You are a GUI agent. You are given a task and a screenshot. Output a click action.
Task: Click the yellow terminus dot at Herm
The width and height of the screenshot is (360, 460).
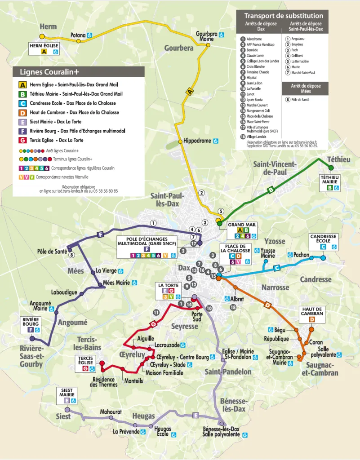click(42, 36)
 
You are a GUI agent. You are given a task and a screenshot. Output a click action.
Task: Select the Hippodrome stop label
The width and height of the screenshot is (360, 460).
click(197, 141)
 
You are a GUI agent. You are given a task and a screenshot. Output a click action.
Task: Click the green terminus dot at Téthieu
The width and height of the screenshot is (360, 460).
click(331, 168)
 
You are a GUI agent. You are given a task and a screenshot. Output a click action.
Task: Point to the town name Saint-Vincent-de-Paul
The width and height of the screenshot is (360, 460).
click(275, 168)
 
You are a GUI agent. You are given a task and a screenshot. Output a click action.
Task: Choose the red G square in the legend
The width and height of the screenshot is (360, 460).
click(22, 140)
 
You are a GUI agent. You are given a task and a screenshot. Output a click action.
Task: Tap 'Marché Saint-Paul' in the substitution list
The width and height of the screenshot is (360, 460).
click(303, 72)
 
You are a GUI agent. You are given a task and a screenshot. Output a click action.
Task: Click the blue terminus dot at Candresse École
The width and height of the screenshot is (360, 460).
click(323, 258)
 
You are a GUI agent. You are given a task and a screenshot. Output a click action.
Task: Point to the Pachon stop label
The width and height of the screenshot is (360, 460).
click(301, 255)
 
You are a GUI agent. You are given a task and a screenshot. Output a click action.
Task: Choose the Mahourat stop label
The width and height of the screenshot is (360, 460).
click(111, 411)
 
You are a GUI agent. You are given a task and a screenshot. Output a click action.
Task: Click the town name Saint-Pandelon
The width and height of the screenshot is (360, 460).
click(228, 372)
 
